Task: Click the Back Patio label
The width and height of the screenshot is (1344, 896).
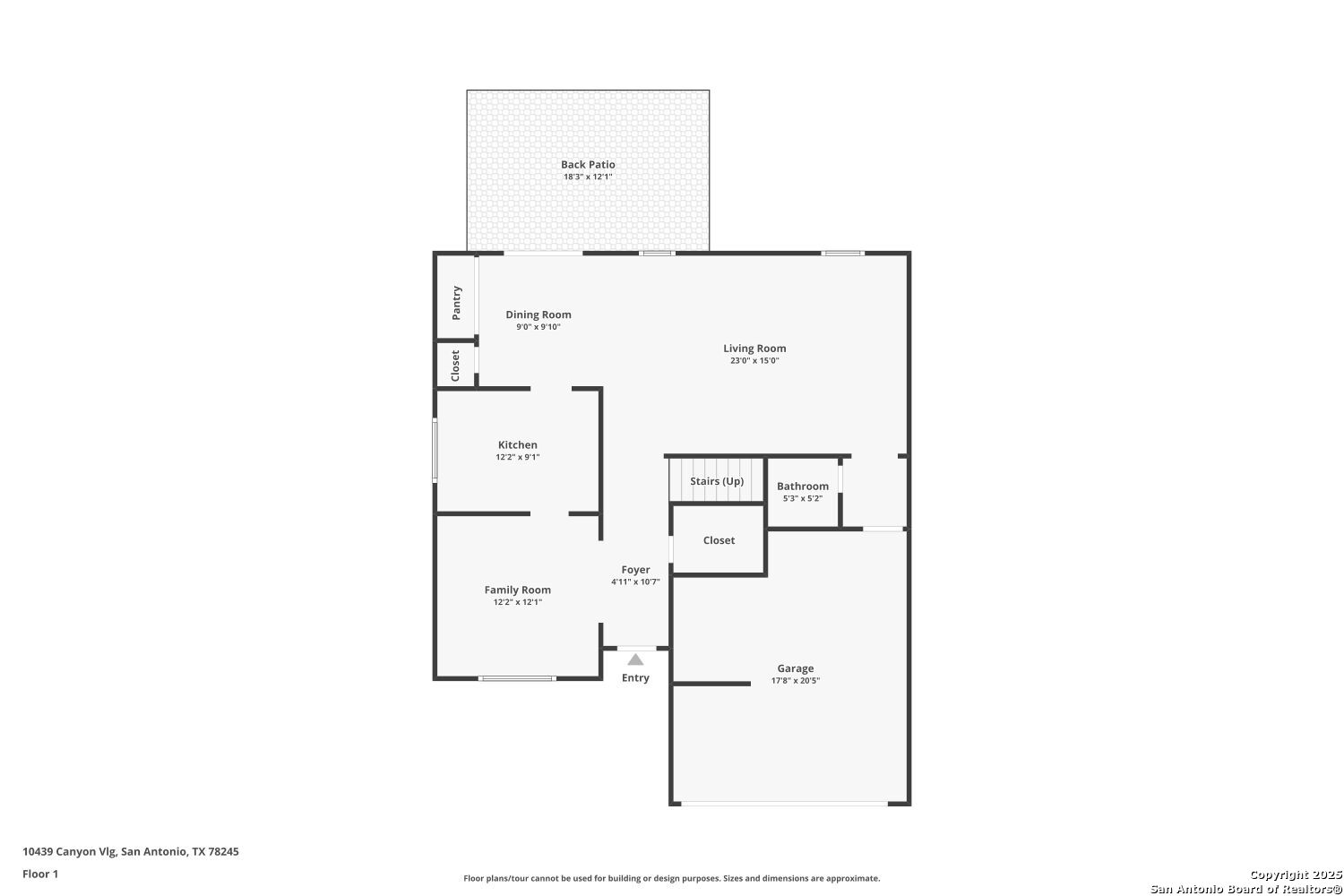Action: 588,165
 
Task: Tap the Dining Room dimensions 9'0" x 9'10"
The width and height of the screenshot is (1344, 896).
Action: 538,327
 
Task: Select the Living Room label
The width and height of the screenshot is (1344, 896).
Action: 754,349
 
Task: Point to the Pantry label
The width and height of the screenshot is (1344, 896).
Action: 457,303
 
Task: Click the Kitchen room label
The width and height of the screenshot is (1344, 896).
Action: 517,444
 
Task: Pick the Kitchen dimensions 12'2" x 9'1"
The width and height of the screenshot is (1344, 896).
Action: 517,457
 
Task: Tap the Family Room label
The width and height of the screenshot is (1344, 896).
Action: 517,590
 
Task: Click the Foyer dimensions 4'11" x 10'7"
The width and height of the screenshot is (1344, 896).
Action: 635,582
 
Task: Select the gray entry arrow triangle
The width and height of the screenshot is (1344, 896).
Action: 635,659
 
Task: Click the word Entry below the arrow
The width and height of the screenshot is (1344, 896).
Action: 635,677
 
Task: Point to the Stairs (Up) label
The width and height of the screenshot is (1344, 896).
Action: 717,481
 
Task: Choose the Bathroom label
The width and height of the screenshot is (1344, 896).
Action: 802,487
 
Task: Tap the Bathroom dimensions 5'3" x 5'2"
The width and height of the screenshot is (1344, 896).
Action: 802,499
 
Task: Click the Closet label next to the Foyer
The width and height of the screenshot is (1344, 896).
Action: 719,540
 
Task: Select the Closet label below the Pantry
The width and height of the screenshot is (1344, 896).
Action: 455,366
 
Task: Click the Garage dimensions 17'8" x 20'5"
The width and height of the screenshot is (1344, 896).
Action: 795,681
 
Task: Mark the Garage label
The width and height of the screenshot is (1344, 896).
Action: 795,668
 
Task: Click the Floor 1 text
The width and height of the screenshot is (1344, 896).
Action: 40,874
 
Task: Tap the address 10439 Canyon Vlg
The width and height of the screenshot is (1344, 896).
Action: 69,851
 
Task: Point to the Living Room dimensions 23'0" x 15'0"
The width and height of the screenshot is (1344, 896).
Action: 754,361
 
